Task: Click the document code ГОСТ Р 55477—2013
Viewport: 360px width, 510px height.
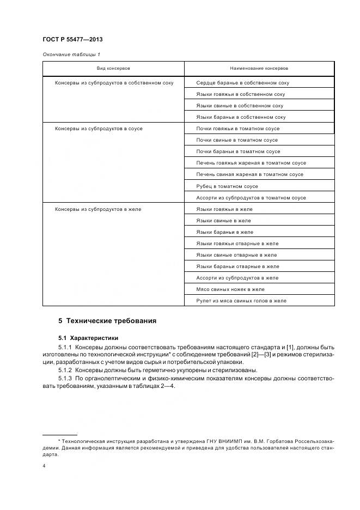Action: pos(72,40)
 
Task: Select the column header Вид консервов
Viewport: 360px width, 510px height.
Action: pos(113,69)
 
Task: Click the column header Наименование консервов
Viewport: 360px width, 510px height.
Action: pos(259,69)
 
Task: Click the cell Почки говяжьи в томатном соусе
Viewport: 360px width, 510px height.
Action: pos(238,129)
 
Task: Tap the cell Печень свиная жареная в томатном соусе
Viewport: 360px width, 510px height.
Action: pos(250,174)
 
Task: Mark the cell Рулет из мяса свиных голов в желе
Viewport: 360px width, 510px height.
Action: pos(241,301)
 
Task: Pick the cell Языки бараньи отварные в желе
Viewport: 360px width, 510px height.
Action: pos(237,266)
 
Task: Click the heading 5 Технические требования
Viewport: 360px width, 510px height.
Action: pos(107,321)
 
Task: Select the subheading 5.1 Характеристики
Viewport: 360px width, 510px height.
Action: pos(88,338)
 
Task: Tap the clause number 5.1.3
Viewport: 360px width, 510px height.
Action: pos(65,378)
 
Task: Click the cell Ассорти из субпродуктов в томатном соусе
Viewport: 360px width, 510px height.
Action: pos(251,198)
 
